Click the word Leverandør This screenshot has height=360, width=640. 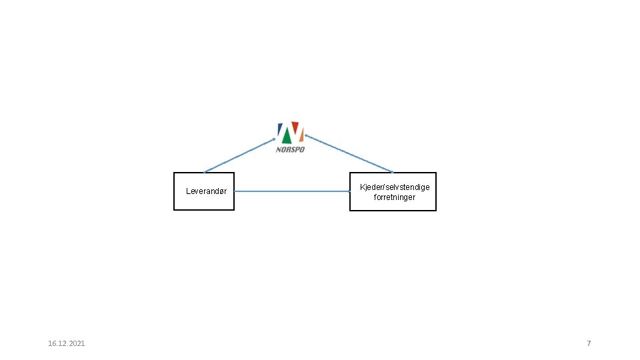pos(206,191)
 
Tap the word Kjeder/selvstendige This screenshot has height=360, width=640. pos(395,187)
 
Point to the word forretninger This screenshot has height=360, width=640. pos(395,197)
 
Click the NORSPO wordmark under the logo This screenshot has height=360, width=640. pos(290,149)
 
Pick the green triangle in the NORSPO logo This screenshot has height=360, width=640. pos(287,137)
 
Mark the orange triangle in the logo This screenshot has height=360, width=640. pos(301,136)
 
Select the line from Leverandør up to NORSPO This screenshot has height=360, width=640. pos(240,155)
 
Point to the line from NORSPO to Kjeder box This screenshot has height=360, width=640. pos(349,154)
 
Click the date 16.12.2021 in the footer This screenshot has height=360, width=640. pos(67,343)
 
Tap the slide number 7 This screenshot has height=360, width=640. pos(589,343)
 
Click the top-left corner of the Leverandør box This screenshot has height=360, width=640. pos(174,173)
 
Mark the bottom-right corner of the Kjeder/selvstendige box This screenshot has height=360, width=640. pos(436,211)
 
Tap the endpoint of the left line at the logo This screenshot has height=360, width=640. pos(274,139)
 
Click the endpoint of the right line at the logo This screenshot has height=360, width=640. pos(306,135)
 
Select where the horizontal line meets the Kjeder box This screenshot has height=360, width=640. pos(350,192)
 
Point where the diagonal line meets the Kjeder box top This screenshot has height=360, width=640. pos(393,173)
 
